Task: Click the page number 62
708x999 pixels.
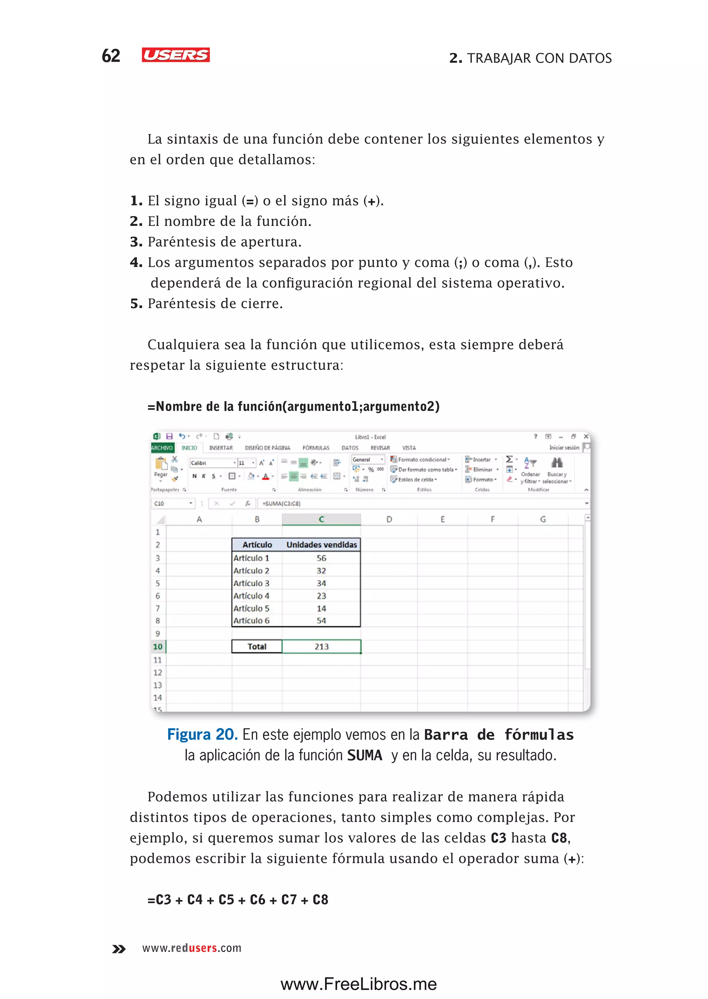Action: point(111,56)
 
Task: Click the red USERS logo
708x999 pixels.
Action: point(176,55)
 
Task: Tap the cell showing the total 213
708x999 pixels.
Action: point(321,647)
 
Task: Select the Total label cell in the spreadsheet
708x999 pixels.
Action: point(257,647)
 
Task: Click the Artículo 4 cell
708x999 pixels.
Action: point(252,596)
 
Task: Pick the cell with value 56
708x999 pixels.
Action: point(321,558)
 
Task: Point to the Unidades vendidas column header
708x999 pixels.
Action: point(321,545)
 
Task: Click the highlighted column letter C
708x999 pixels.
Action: point(321,519)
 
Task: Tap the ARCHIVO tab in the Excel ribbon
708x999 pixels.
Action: point(162,448)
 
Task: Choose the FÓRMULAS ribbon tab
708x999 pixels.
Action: point(316,448)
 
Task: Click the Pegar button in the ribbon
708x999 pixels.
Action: point(161,467)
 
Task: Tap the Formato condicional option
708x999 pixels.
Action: point(421,460)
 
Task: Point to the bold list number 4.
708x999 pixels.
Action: point(136,262)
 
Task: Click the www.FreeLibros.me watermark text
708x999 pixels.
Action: point(358,984)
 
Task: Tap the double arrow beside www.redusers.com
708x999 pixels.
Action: point(119,949)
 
